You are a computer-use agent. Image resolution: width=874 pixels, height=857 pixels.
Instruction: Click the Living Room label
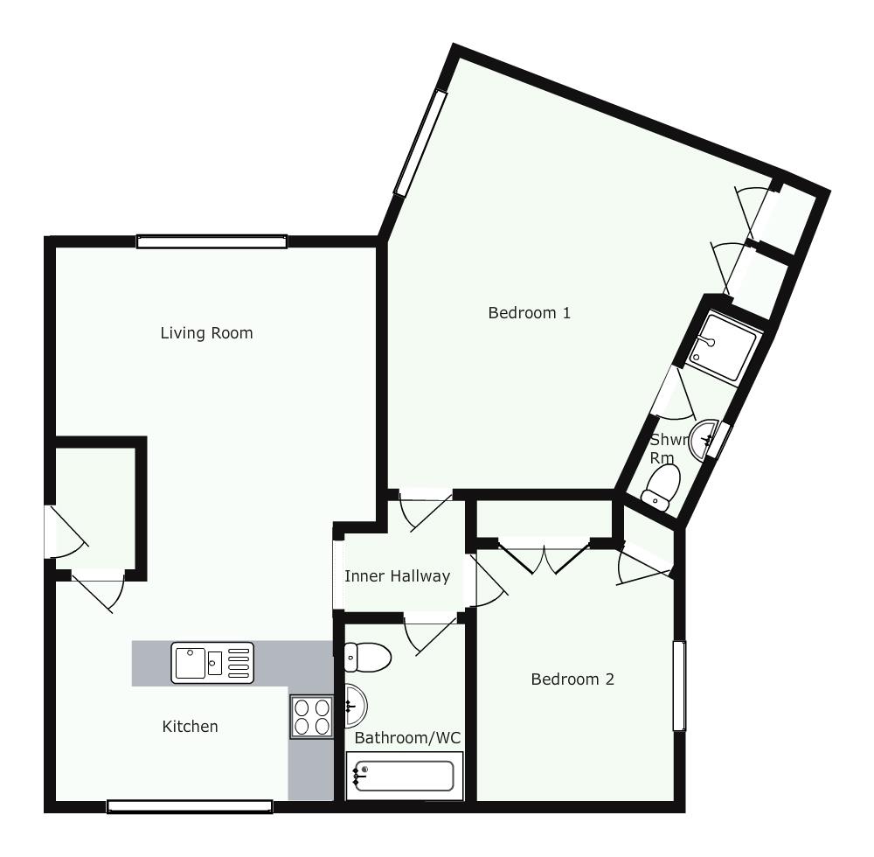pos(206,333)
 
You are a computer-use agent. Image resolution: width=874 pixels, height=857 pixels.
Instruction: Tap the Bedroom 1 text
pos(529,313)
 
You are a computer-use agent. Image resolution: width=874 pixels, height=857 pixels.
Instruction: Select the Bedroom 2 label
pos(572,679)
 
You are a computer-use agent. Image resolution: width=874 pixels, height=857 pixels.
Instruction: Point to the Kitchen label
pos(190,727)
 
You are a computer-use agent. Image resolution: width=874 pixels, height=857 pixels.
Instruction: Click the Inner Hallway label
pos(397,576)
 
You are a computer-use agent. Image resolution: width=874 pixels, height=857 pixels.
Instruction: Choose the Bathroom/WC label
pos(407,738)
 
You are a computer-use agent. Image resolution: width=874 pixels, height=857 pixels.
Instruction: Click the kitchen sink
pos(212,662)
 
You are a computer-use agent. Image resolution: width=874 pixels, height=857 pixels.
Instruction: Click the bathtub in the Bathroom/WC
pos(405,776)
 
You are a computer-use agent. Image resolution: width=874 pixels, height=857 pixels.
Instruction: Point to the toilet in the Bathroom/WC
pos(367,657)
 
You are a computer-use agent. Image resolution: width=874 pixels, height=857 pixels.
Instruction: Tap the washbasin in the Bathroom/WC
pos(356,706)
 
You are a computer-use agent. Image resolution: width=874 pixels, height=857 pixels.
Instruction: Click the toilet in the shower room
pos(662,487)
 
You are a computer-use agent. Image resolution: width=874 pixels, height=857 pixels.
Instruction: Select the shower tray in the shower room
pos(723,347)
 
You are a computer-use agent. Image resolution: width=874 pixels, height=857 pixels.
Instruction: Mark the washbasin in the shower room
pos(703,441)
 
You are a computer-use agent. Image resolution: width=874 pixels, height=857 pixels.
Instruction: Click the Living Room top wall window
pos(212,241)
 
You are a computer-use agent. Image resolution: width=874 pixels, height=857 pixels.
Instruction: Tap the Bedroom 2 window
pos(679,686)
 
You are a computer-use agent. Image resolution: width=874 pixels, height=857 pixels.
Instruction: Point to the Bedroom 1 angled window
pos(421,143)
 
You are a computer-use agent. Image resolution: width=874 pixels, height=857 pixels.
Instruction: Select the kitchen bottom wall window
pos(190,805)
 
